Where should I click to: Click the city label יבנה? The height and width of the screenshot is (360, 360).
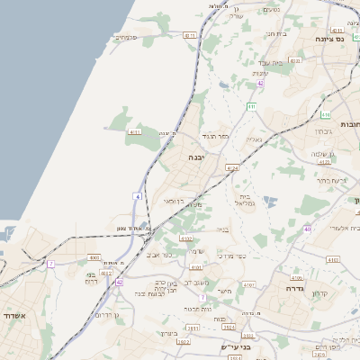click(194, 156)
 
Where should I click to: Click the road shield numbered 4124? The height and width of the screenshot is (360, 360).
click(232, 166)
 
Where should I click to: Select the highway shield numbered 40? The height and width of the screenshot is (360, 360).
click(307, 229)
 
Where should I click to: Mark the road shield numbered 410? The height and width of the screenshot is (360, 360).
click(251, 106)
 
